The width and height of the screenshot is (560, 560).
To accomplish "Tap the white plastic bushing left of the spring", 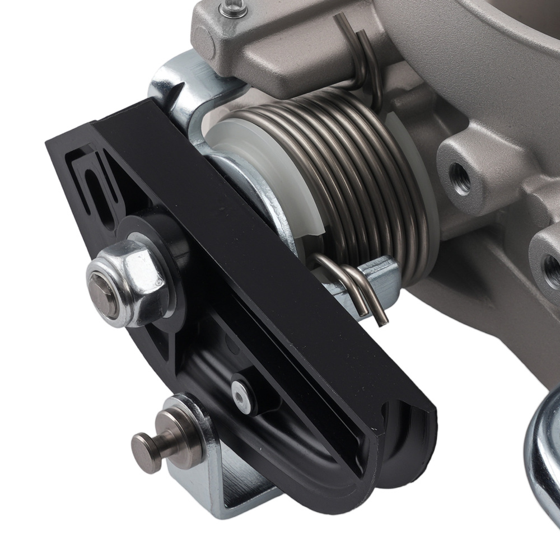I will click(x=269, y=168).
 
